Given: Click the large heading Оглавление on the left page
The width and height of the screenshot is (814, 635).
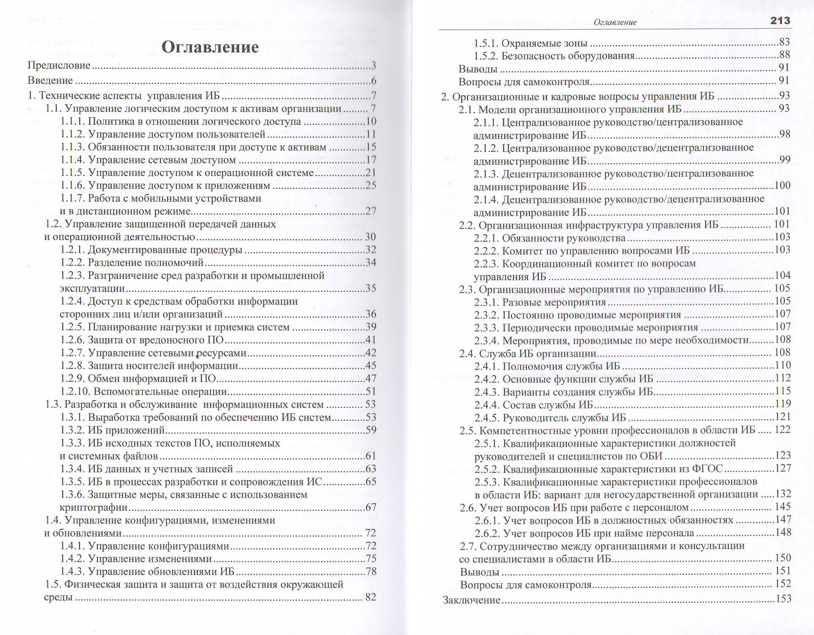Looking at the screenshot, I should pyautogui.click(x=210, y=47).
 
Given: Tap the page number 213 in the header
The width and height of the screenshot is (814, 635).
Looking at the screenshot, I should pyautogui.click(x=780, y=21).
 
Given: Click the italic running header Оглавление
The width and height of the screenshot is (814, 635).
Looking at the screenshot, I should pyautogui.click(x=615, y=22).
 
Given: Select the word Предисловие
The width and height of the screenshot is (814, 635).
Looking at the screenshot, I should pyautogui.click(x=59, y=65).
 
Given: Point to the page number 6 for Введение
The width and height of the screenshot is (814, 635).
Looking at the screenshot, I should pyautogui.click(x=374, y=80).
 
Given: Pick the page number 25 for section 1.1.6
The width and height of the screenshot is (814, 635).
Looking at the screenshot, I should pyautogui.click(x=370, y=186).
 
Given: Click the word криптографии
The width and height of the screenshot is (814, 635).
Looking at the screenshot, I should pyautogui.click(x=93, y=508).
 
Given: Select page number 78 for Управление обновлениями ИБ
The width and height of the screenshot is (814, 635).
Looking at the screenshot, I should pyautogui.click(x=370, y=571).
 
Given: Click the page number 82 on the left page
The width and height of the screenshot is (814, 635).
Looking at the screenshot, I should pyautogui.click(x=370, y=597).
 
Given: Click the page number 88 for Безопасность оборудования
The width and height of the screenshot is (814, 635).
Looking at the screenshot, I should pyautogui.click(x=784, y=55).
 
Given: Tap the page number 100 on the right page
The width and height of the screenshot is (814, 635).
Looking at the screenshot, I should pyautogui.click(x=782, y=186).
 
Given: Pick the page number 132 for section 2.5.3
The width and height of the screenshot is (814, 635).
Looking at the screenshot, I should pyautogui.click(x=782, y=494).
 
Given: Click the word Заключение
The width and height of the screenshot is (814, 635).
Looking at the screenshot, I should pyautogui.click(x=471, y=600).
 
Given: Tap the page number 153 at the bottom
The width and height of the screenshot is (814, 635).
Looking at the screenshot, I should pyautogui.click(x=783, y=599).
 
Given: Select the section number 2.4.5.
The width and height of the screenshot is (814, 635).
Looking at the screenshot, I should pyautogui.click(x=487, y=418).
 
